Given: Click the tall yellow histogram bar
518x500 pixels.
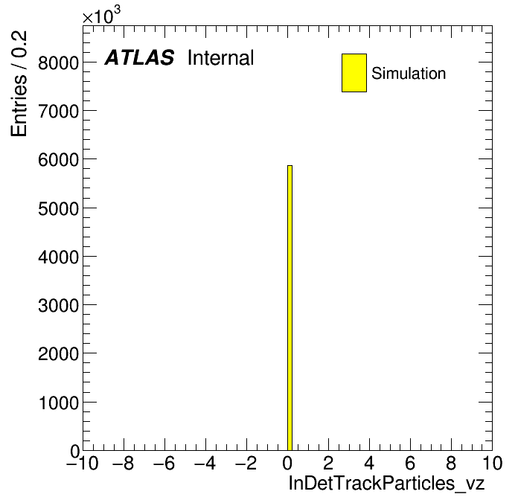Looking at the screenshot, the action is pyautogui.click(x=290, y=308).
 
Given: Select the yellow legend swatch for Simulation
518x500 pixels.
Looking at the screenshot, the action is pyautogui.click(x=354, y=73).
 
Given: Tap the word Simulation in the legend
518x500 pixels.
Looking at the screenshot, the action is pyautogui.click(x=409, y=74).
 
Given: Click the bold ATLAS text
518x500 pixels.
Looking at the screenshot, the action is pyautogui.click(x=139, y=57).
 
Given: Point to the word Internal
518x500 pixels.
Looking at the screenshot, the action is pyautogui.click(x=221, y=58).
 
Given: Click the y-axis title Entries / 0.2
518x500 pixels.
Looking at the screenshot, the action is pyautogui.click(x=19, y=84).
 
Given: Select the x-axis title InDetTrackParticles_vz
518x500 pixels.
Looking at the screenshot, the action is pyautogui.click(x=386, y=484).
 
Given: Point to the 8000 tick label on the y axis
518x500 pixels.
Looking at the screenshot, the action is pyautogui.click(x=59, y=62).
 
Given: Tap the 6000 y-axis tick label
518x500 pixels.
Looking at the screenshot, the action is pyautogui.click(x=59, y=160).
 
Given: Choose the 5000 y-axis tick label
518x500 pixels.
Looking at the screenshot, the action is pyautogui.click(x=59, y=209).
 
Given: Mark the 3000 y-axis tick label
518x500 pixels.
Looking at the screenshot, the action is pyautogui.click(x=59, y=306).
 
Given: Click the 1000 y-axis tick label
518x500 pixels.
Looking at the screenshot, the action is pyautogui.click(x=59, y=403).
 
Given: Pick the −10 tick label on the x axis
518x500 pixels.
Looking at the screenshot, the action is pyautogui.click(x=83, y=464).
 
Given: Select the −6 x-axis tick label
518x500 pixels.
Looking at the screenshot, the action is pyautogui.click(x=164, y=464).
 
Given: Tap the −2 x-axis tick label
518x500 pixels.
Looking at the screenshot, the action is pyautogui.click(x=246, y=464).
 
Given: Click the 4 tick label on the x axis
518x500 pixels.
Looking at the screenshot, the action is pyautogui.click(x=369, y=464).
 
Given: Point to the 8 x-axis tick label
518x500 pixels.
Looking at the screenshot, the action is pyautogui.click(x=451, y=464).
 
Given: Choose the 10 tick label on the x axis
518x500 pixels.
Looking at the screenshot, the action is pyautogui.click(x=492, y=464).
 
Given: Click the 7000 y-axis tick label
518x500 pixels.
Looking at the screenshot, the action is pyautogui.click(x=59, y=112).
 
